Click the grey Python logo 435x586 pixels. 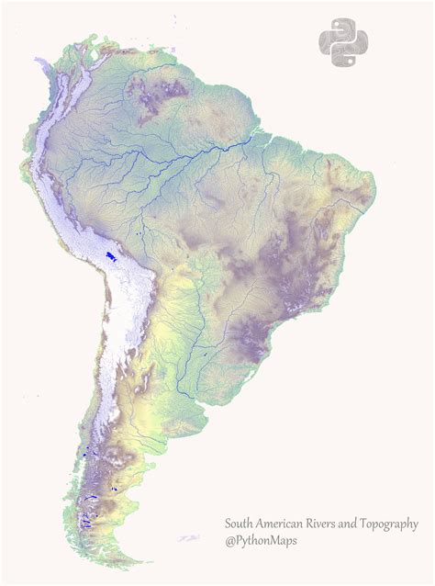pyautogui.click(x=343, y=43)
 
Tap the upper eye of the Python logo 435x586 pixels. pyautogui.click(x=338, y=28)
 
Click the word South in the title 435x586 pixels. pyautogui.click(x=240, y=524)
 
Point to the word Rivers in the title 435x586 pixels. pyautogui.click(x=331, y=524)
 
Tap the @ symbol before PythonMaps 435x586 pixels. pyautogui.click(x=230, y=542)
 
